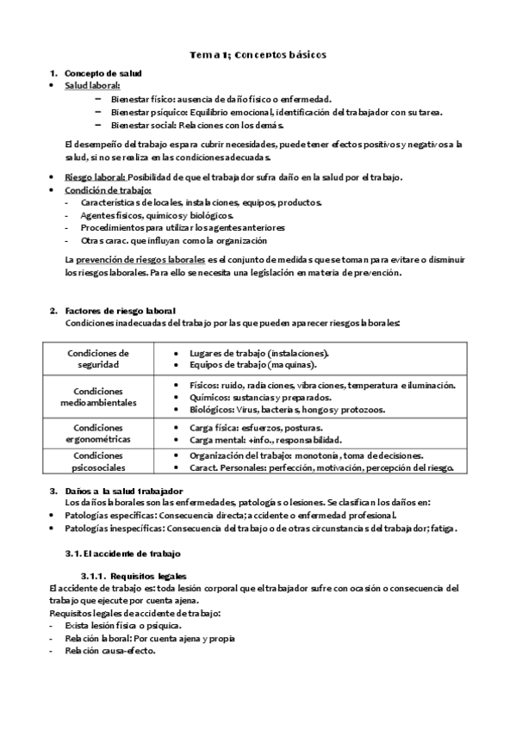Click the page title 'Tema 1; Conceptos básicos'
[x=258, y=55]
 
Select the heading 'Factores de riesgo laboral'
[x=120, y=310]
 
